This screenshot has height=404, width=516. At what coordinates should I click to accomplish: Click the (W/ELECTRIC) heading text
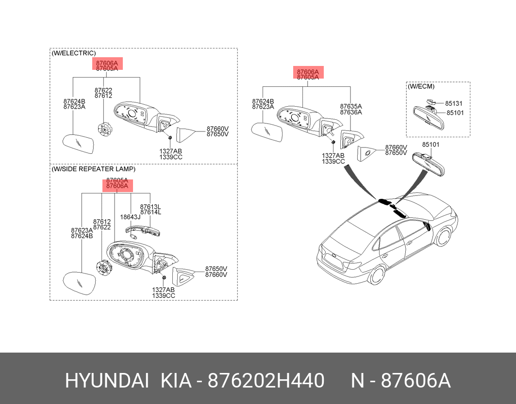[74, 53]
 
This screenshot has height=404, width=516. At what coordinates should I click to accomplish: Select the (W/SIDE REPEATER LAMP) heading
[94, 169]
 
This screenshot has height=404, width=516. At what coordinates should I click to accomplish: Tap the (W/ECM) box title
[421, 86]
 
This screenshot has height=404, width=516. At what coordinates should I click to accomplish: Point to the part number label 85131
[454, 103]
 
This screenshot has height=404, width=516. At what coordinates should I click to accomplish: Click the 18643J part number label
[130, 217]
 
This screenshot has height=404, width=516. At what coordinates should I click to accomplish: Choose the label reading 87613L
[150, 207]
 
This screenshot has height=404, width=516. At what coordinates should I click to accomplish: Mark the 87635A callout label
[351, 106]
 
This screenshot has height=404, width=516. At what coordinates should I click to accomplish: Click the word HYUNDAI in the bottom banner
[107, 382]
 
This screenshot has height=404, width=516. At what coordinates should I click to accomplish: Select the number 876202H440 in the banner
[266, 382]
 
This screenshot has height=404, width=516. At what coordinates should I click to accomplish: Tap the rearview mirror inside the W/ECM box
[426, 116]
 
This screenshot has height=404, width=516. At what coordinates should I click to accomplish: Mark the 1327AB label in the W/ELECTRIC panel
[170, 151]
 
